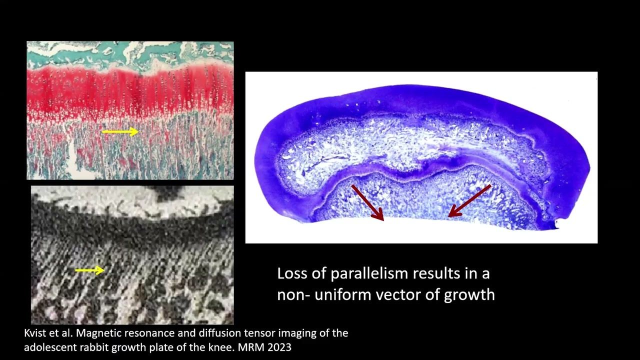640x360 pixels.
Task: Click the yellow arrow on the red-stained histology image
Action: (x=120, y=132)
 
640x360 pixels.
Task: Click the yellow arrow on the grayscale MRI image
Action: (x=89, y=270)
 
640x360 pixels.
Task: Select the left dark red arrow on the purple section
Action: (x=367, y=202)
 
